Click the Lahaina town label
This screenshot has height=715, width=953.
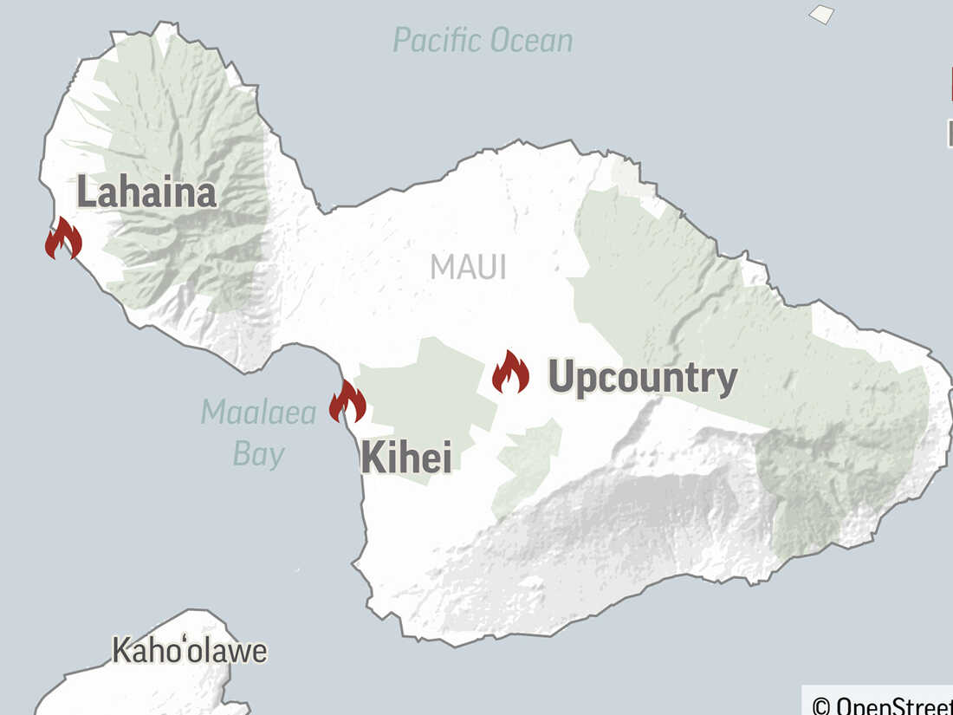(146, 192)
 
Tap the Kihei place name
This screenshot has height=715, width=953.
(405, 457)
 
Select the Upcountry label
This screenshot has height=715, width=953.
(643, 378)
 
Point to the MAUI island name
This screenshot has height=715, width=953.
(468, 267)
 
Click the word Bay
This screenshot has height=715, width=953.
(258, 454)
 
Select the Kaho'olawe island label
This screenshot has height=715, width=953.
(189, 651)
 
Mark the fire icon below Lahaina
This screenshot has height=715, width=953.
(63, 238)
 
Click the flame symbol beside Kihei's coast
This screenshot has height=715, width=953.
(347, 402)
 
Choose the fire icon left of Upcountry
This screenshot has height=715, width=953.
(510, 373)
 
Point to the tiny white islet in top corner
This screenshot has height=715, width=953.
(821, 14)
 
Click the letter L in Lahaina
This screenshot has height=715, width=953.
(86, 192)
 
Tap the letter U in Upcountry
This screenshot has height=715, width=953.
(562, 378)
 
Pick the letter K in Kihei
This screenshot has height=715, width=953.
(372, 457)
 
